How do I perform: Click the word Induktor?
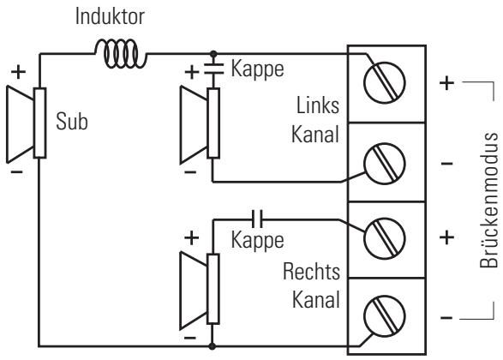pyautogui.click(x=110, y=16)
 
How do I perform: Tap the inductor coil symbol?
pyautogui.click(x=121, y=54)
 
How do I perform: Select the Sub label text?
pyautogui.click(x=72, y=122)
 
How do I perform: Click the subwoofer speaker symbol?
pyautogui.click(x=27, y=123)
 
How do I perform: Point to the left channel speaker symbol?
pyautogui.click(x=200, y=124)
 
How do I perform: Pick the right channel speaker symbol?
pyautogui.click(x=200, y=291)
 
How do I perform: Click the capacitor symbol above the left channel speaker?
pyautogui.click(x=213, y=69)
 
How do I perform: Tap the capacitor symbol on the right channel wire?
pyautogui.click(x=257, y=219)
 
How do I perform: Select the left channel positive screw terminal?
pyautogui.click(x=384, y=83)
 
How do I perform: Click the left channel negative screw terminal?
pyautogui.click(x=384, y=164)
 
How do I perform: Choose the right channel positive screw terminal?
pyautogui.click(x=384, y=238)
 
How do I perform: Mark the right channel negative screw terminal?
pyautogui.click(x=384, y=316)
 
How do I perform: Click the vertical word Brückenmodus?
pyautogui.click(x=488, y=200)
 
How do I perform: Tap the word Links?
pyautogui.click(x=318, y=105)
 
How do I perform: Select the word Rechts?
pyautogui.click(x=311, y=272)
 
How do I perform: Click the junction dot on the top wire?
pyautogui.click(x=213, y=54)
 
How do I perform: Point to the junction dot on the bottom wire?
pyautogui.click(x=212, y=346)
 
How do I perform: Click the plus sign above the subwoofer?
pyautogui.click(x=18, y=71)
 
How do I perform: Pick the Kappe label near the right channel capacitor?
pyautogui.click(x=257, y=240)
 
